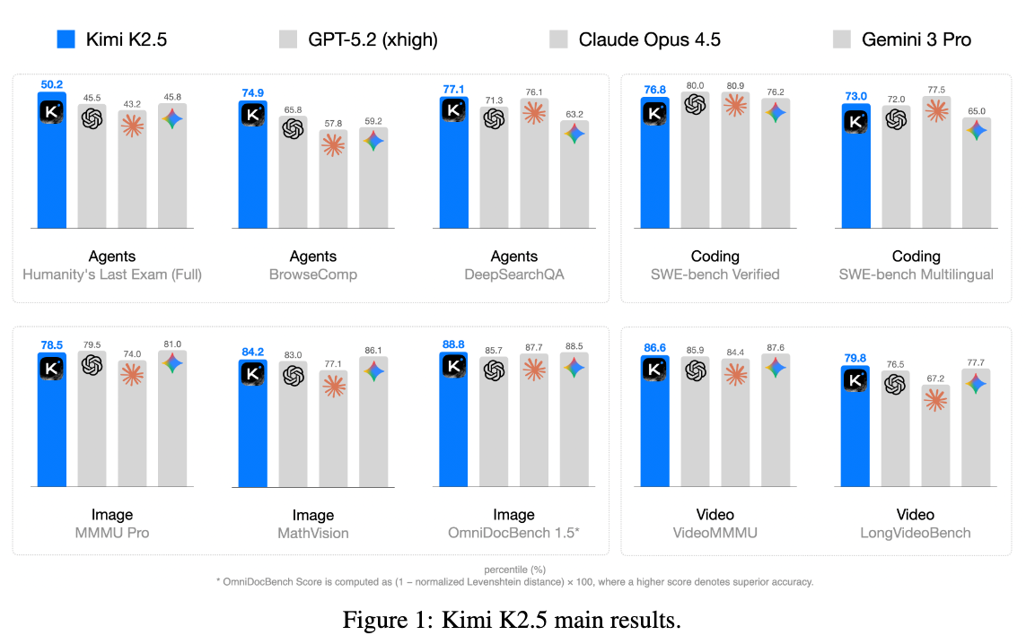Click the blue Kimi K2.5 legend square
[x=66, y=39]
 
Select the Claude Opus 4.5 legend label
[x=649, y=39]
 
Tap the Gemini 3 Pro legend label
[x=916, y=39]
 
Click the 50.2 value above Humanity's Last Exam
[x=52, y=85]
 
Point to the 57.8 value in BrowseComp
[x=333, y=123]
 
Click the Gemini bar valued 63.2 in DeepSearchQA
[x=574, y=174]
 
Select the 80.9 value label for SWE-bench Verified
[x=735, y=85]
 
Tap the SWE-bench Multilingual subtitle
[x=916, y=274]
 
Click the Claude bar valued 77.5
[x=935, y=162]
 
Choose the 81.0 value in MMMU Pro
[x=172, y=344]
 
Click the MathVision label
[x=313, y=533]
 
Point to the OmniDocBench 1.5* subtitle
[x=513, y=533]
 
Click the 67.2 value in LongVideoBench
[x=935, y=379]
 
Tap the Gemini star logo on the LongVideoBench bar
[x=976, y=383]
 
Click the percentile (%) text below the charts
[x=514, y=570]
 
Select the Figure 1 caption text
[x=513, y=620]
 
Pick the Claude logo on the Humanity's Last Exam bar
[x=132, y=126]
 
